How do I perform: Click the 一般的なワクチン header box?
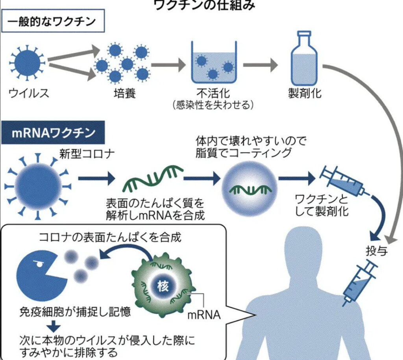coord(53,21)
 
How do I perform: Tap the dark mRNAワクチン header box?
coord(53,133)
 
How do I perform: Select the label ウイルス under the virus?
coord(29,93)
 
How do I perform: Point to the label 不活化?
coord(213,93)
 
